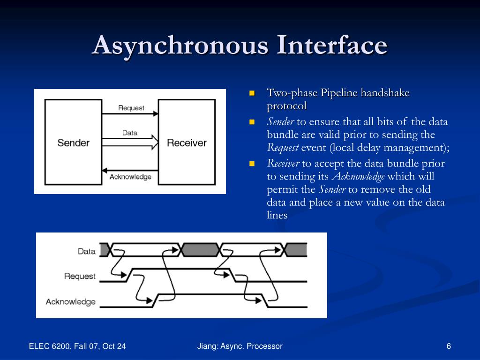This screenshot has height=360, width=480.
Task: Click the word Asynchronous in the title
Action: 180,45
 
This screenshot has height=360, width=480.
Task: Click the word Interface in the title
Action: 332,45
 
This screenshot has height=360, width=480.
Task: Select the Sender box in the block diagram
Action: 74,142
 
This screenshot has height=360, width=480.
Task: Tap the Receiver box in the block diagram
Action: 187,142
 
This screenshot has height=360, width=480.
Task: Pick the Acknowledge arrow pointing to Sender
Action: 130,169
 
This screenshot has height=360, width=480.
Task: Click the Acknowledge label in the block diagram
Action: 130,177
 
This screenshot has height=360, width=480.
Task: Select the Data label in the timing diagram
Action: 87,251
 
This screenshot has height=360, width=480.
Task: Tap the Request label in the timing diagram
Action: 80,276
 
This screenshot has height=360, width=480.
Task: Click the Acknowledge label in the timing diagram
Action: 71,302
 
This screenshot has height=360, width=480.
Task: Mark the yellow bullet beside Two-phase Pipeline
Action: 252,93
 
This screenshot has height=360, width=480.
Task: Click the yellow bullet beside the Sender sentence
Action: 252,122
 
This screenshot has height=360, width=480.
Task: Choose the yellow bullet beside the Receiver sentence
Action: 252,164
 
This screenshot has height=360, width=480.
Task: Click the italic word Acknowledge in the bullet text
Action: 358,177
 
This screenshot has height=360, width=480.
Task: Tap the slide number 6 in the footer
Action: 449,346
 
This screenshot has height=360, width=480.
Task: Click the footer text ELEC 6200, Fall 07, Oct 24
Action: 77,346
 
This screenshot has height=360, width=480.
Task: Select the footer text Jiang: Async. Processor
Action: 240,346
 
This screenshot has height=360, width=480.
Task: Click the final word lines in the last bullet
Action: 277,216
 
